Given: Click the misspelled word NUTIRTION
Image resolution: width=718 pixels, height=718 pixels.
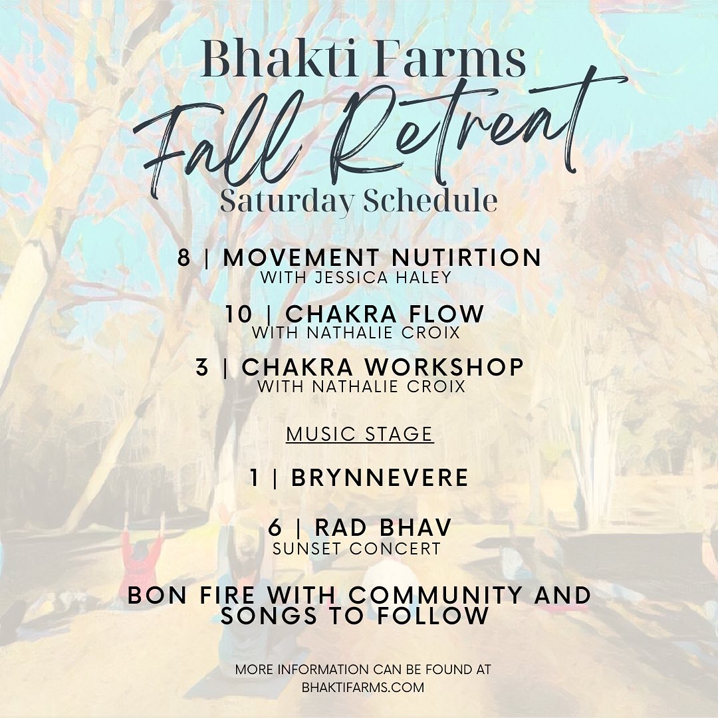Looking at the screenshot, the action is (x=467, y=257).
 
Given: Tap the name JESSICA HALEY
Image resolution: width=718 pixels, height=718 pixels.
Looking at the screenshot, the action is (x=383, y=277).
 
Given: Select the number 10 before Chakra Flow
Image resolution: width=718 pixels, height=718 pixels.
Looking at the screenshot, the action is (x=239, y=314).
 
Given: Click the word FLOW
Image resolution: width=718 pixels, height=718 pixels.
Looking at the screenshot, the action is (x=445, y=314).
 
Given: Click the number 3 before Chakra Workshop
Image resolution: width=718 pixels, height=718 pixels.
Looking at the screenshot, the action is (x=201, y=367).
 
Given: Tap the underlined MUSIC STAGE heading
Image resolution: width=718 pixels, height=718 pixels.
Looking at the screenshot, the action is (x=360, y=434).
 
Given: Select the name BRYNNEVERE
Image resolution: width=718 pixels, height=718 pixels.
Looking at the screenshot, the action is (x=380, y=477).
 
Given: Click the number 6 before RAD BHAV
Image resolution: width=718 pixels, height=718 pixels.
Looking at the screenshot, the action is (x=275, y=527).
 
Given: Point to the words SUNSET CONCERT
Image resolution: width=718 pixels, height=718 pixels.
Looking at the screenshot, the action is (x=356, y=548).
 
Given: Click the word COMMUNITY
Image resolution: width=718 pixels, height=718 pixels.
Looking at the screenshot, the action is (x=430, y=595).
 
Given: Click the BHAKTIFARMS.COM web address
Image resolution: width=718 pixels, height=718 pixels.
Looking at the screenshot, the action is (x=363, y=687).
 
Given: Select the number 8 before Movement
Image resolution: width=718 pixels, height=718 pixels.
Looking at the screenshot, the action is (x=183, y=257).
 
